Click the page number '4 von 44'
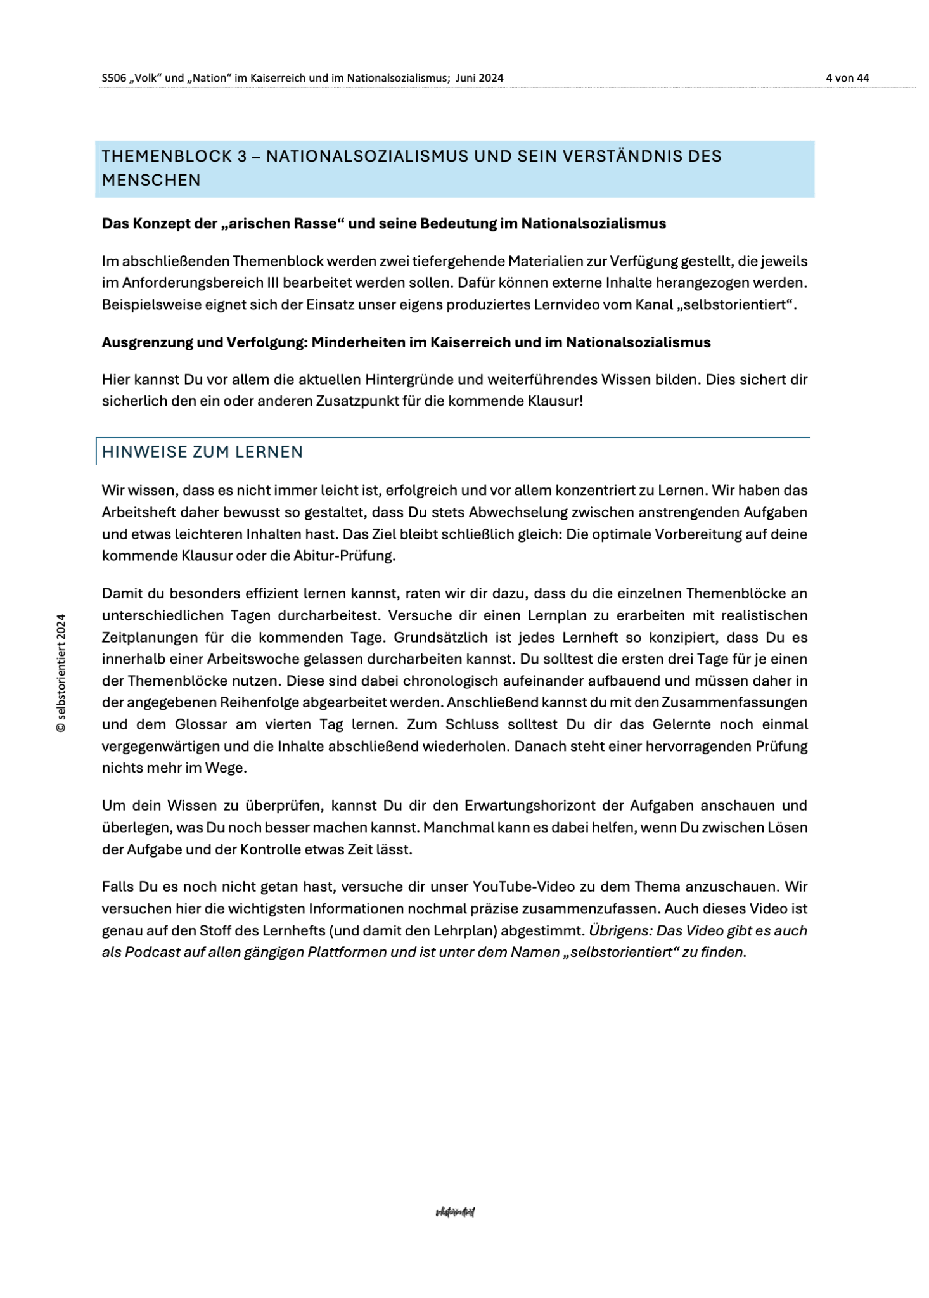click(x=847, y=78)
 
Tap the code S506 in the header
click(x=114, y=78)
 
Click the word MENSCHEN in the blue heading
click(x=151, y=180)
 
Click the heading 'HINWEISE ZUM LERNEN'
click(x=203, y=452)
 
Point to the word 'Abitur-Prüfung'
click(x=344, y=556)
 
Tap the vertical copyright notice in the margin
click(x=61, y=673)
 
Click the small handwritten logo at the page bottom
click(x=455, y=1212)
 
